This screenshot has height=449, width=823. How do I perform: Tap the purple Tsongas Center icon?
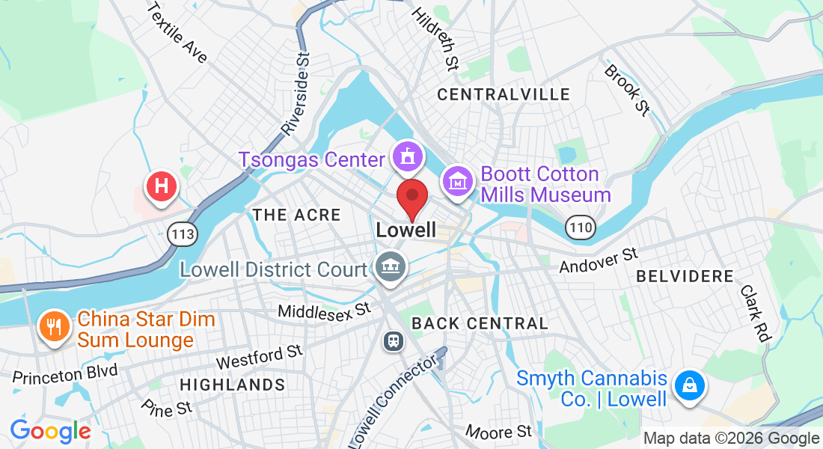(x=407, y=157)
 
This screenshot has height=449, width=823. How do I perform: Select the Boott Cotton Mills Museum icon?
(x=456, y=181)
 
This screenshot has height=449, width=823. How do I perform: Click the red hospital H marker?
(x=161, y=186)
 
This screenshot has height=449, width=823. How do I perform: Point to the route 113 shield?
(x=182, y=234)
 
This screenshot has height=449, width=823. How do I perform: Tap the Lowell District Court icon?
(x=389, y=266)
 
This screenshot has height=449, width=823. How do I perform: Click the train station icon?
(x=393, y=341)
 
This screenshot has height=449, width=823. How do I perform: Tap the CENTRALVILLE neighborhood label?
(x=504, y=95)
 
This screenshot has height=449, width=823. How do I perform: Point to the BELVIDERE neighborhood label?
(x=685, y=277)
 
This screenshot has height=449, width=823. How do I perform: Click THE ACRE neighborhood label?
(x=296, y=216)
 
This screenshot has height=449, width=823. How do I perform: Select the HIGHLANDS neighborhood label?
(x=233, y=385)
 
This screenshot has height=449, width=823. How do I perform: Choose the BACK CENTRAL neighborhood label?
(x=480, y=324)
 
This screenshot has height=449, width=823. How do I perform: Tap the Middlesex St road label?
(x=324, y=309)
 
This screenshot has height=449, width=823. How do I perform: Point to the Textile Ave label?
(x=177, y=33)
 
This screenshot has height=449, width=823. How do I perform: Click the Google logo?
(x=50, y=432)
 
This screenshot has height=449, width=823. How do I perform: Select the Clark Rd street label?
(x=756, y=313)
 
